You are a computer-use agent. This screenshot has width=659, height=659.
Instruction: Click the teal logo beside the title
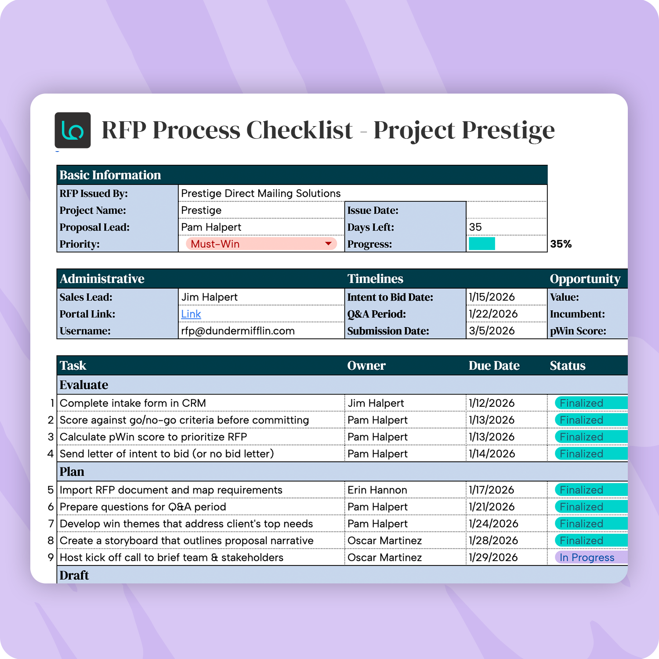tap(72, 130)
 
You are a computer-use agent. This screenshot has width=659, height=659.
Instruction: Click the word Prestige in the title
tap(508, 130)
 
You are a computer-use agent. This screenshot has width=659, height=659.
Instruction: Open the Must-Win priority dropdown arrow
tap(328, 244)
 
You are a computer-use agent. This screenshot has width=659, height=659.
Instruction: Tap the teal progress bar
tap(482, 244)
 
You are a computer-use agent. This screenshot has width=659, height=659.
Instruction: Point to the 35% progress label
tap(561, 244)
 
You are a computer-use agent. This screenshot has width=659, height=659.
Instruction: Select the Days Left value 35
tap(475, 227)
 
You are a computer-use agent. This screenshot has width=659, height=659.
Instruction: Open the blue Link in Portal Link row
tap(191, 314)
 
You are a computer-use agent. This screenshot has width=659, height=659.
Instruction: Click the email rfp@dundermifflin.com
tap(238, 331)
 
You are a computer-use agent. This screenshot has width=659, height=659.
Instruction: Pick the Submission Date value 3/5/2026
tap(492, 331)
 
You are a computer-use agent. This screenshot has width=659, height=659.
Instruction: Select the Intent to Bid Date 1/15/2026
tap(492, 297)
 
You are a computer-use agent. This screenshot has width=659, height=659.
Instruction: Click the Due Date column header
tap(494, 366)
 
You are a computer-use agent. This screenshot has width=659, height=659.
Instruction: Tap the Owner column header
tap(366, 366)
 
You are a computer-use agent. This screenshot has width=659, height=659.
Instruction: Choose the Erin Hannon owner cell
tap(377, 490)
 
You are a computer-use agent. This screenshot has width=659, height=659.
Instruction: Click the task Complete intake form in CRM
tap(133, 403)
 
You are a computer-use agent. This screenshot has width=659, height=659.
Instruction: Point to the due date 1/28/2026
tap(493, 540)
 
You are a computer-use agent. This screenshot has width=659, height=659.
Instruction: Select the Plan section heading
tap(72, 472)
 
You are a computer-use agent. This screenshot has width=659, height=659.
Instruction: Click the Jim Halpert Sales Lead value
tap(210, 297)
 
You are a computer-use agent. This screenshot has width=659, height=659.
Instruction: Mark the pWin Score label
tap(578, 331)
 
